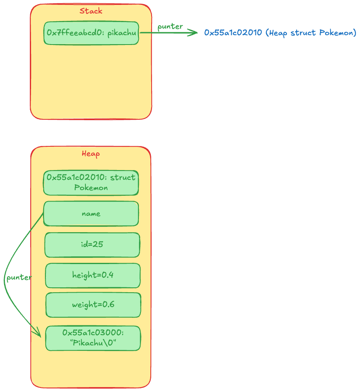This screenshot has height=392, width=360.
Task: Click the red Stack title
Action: tap(91, 11)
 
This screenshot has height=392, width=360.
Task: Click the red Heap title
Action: tap(91, 154)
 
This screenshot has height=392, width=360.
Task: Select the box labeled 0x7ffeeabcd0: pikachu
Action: tap(91, 33)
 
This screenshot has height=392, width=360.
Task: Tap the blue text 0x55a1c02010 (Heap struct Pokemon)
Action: tap(280, 33)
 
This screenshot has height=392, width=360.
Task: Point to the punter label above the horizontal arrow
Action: tap(170, 27)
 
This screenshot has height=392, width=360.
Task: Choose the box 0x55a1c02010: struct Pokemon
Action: tap(91, 183)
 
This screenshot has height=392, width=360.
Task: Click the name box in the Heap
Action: tap(91, 213)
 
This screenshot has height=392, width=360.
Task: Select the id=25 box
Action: tap(92, 245)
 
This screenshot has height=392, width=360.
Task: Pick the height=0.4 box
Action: tap(93, 275)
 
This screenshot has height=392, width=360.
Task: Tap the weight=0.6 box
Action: tap(93, 305)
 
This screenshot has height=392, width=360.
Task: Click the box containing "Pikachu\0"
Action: tap(93, 338)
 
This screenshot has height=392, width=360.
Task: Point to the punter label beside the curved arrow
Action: tap(19, 278)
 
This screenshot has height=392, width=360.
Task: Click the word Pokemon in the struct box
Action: tap(91, 188)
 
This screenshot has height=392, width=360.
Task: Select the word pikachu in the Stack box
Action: tap(122, 33)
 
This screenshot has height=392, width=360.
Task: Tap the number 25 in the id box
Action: tap(98, 244)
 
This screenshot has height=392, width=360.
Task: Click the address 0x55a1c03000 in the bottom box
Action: tap(92, 332)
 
